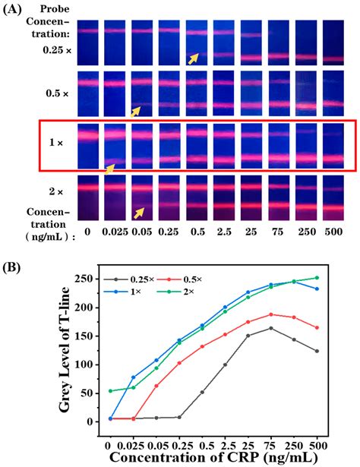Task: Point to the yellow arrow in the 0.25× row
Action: pos(195,58)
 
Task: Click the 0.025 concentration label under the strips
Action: pos(115,230)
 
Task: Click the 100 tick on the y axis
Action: pos(95,364)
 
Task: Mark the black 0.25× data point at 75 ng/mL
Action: pos(271,328)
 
